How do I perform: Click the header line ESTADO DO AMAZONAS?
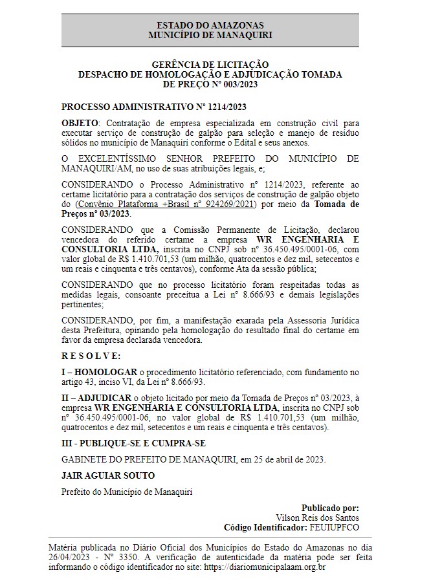[x=210, y=24]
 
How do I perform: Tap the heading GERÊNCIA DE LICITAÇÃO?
[x=210, y=65]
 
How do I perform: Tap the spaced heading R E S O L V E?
[x=91, y=355]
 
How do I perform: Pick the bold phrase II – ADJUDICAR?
[x=96, y=397]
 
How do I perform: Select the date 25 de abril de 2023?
[x=289, y=459]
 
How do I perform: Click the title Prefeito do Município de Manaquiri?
[x=126, y=492]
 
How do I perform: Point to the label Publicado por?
[x=330, y=508]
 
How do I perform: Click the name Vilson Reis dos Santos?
[x=317, y=517]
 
